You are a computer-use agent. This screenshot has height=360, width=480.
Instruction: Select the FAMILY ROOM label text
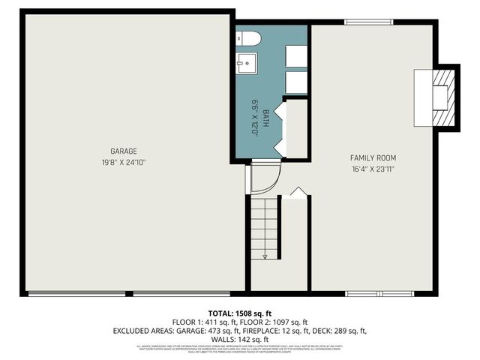tap(373, 158)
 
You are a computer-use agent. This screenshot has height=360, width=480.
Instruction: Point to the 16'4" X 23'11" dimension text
tap(373, 169)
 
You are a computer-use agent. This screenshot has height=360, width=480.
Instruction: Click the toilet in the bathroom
tap(248, 38)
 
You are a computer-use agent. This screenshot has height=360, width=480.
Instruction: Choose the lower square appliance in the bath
tap(296, 82)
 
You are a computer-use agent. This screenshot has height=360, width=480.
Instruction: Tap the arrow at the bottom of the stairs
tap(265, 256)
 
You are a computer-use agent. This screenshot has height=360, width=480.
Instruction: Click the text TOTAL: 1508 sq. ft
tap(239, 313)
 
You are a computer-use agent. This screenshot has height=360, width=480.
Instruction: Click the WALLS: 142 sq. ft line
tap(239, 339)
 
